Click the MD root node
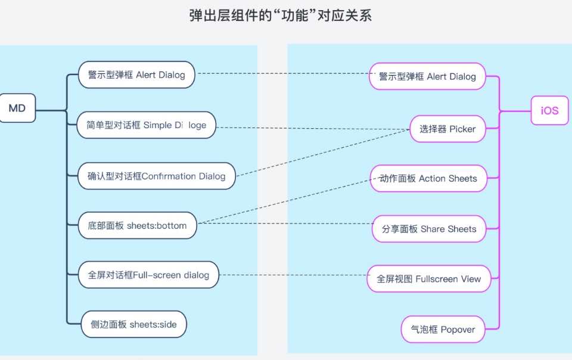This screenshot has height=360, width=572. tap(17, 108)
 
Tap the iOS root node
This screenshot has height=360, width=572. tap(549, 110)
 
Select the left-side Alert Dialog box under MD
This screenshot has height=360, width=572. tap(136, 75)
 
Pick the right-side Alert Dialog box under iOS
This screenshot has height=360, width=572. tap(427, 76)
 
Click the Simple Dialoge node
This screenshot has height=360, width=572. tap(147, 125)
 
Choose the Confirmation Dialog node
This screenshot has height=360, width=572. tap(157, 176)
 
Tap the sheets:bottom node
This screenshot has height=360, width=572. tap(137, 225)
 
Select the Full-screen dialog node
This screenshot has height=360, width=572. tap(148, 275)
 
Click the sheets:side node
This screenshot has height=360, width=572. tap(133, 324)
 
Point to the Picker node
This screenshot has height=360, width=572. tap(447, 129)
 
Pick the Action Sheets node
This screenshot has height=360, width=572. tap(428, 178)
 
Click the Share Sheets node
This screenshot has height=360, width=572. tap(429, 229)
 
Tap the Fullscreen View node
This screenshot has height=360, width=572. tap(428, 279)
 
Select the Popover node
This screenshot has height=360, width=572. tap(443, 330)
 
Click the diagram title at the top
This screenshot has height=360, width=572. tap(281, 15)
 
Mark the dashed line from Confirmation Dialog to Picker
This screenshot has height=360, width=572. tap(323, 153)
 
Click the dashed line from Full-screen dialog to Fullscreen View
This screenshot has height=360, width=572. tap(293, 275)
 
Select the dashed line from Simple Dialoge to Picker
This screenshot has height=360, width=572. tap(313, 128)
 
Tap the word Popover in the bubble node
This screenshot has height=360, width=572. tap(458, 330)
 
